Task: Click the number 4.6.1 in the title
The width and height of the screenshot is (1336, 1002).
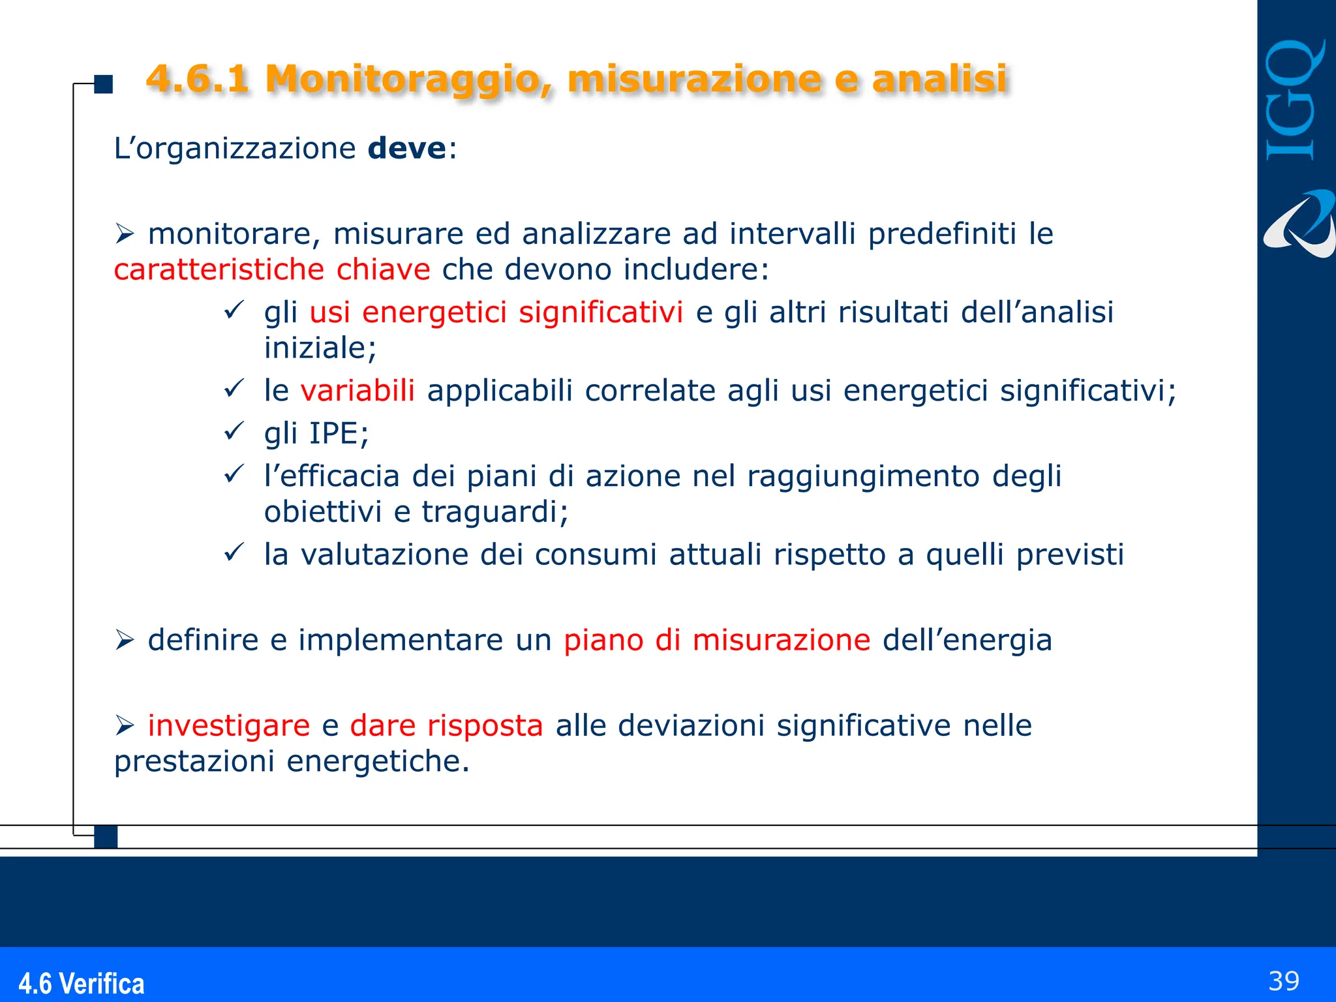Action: tap(197, 78)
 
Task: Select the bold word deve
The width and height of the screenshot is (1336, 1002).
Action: tap(407, 148)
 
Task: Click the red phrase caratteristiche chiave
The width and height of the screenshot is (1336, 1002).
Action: tap(271, 269)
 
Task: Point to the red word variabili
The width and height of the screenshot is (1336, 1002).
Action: tap(357, 391)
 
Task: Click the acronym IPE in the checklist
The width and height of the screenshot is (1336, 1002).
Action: tap(334, 433)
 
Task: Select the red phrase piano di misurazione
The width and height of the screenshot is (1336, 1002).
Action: tap(716, 640)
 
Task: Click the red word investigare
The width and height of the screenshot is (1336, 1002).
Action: tap(228, 725)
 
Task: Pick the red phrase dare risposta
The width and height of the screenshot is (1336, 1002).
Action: tap(446, 725)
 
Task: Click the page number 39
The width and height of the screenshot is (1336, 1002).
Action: tap(1283, 981)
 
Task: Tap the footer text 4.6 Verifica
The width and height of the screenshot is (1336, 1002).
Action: tap(81, 983)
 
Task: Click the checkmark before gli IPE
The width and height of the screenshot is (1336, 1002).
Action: tap(233, 431)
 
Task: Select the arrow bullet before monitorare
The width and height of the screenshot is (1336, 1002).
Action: tap(124, 234)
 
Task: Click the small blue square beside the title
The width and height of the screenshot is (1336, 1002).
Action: tap(104, 84)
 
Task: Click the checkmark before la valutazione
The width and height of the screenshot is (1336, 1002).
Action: tap(233, 553)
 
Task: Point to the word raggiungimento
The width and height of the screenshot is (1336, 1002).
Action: tap(863, 476)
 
